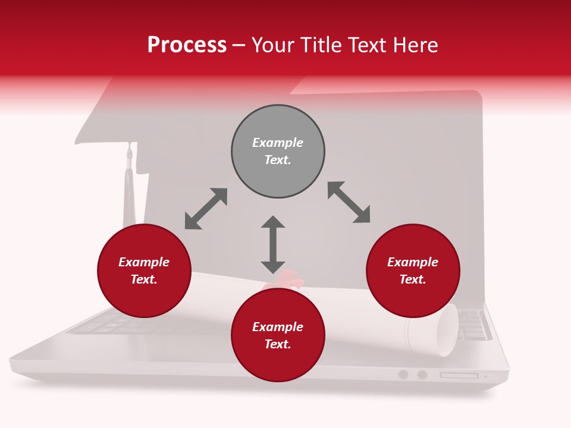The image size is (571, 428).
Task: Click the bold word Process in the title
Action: point(187,45)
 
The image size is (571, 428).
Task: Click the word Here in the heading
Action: point(415,45)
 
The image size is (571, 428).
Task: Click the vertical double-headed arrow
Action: point(273,244)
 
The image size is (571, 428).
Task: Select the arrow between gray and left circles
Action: point(206,209)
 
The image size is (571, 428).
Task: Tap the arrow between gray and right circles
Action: point(349,202)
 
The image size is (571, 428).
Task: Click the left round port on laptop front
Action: point(403,374)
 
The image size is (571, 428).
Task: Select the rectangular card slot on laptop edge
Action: point(459,375)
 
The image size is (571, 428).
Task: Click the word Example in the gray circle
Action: point(278,143)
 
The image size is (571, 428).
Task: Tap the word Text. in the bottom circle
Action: point(278,344)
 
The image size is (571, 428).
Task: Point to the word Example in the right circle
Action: point(413,262)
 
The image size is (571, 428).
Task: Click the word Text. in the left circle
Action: point(144,279)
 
